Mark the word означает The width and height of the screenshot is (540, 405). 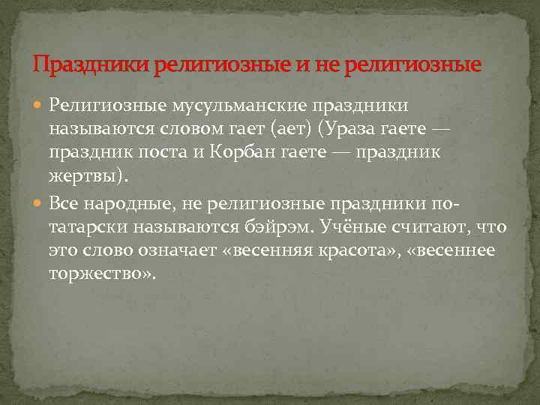coord(176,250)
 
